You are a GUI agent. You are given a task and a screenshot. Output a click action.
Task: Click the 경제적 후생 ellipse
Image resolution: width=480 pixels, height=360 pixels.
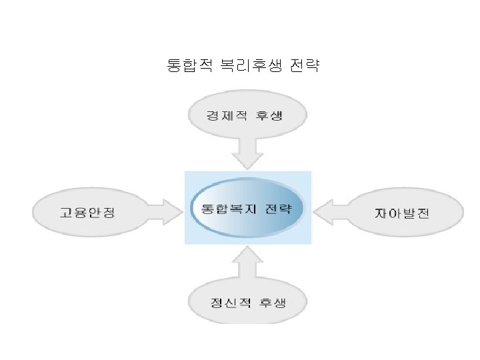point(248,116)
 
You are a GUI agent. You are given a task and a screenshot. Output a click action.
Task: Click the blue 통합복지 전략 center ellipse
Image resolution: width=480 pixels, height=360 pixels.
point(247,208)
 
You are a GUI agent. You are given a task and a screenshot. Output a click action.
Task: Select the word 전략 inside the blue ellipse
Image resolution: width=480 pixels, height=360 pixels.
point(279,207)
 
